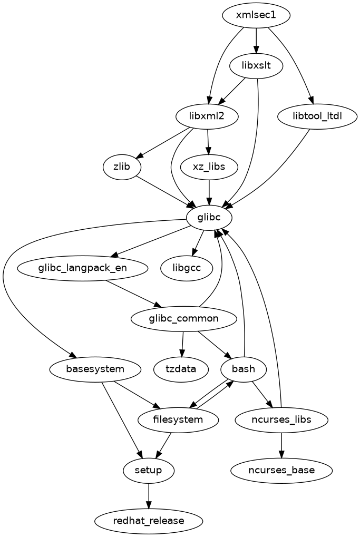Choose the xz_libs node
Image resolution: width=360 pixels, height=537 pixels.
coord(210,167)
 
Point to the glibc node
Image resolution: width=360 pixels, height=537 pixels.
coord(209,218)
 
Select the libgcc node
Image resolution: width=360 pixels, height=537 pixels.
coord(187,268)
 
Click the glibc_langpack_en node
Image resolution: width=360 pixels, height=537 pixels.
coord(83,268)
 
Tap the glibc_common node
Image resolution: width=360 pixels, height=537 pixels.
coord(183,318)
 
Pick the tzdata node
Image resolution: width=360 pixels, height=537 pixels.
coord(175,368)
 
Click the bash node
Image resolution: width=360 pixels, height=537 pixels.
coord(244,368)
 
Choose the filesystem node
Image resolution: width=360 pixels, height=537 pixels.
coord(178,419)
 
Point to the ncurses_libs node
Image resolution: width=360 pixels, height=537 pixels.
coord(281,419)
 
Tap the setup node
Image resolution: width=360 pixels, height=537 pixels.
coord(148,470)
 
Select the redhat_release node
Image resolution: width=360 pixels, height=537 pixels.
coord(149,521)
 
